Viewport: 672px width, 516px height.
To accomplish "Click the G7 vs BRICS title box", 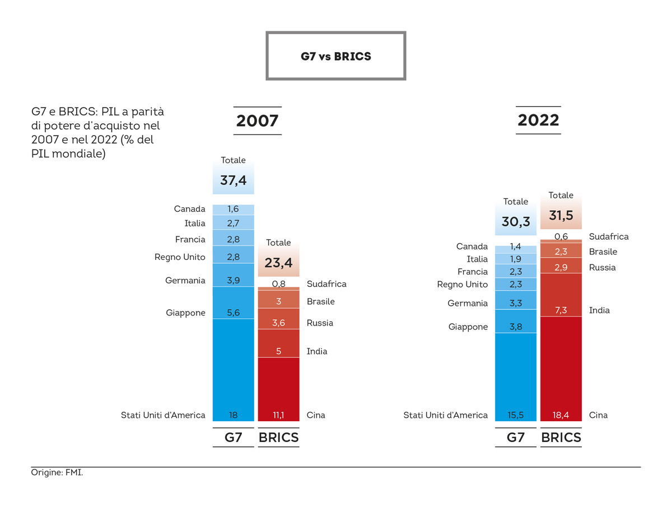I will pos(335,56).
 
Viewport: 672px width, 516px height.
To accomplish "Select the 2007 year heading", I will pos(257,121).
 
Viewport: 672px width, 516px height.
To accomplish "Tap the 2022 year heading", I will pos(538,120).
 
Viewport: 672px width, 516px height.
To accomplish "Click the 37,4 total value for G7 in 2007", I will pos(233,180).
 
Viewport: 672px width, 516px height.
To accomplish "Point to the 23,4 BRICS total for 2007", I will pos(278,262).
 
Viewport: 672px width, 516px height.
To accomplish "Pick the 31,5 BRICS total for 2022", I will pos(561,215).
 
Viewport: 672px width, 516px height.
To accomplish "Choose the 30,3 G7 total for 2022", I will pos(516,221).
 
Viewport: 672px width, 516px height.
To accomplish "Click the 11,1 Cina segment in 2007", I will pos(278,415).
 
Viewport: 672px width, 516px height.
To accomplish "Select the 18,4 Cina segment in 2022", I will pos(561,415).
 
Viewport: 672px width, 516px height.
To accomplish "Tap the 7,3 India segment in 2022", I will pos(561,310).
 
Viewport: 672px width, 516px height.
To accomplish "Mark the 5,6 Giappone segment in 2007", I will pos(234,313).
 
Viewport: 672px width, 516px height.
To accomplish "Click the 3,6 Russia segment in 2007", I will pos(278,323).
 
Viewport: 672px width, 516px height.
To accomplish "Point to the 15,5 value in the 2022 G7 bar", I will pos(516,415).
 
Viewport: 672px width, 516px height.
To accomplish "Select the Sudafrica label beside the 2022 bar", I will pos(609,236).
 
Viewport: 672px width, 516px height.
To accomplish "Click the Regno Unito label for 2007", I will pos(180,257).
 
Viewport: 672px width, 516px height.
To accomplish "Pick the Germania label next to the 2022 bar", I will pos(468,303).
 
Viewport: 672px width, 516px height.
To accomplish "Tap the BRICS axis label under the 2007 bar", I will pos(278,438).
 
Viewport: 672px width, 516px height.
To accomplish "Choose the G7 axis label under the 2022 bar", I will pos(515,438).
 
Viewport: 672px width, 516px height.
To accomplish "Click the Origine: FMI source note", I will pos(57,473).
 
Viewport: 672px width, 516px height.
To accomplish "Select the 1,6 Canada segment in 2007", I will pos(234,209).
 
